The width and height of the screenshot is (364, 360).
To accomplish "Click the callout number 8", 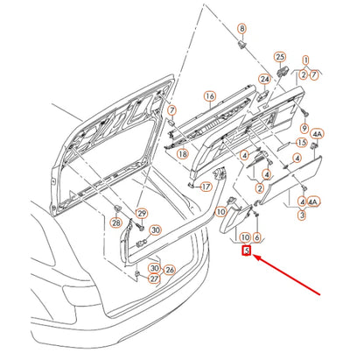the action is click(x=241, y=29).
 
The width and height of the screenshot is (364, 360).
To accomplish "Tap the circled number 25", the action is click(x=280, y=57).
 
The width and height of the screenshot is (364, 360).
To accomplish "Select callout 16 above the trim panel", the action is click(x=210, y=96).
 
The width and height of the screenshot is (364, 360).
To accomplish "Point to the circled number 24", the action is click(x=264, y=79).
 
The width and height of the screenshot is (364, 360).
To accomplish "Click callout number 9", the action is click(x=304, y=128).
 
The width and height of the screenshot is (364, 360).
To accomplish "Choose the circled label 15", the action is click(x=302, y=143).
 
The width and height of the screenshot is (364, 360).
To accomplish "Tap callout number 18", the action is click(x=183, y=153).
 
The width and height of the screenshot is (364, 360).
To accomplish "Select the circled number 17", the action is click(x=206, y=187).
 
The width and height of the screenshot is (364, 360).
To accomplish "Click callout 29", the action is click(x=142, y=214).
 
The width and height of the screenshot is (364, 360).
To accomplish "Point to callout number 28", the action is click(x=116, y=222).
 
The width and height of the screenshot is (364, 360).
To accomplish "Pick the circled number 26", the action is click(x=170, y=270).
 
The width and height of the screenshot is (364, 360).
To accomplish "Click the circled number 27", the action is click(x=154, y=279).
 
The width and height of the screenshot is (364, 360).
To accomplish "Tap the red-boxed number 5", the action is click(x=247, y=251).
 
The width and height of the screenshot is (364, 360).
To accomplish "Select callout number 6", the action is click(x=256, y=237).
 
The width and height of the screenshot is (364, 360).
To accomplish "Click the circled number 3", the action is click(x=302, y=215).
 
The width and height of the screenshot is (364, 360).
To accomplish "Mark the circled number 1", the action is click(x=305, y=60).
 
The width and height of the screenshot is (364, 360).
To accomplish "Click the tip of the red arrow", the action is click(x=253, y=256).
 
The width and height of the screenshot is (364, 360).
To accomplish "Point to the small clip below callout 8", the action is click(x=241, y=46).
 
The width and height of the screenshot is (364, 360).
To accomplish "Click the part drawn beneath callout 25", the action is click(x=282, y=71).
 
